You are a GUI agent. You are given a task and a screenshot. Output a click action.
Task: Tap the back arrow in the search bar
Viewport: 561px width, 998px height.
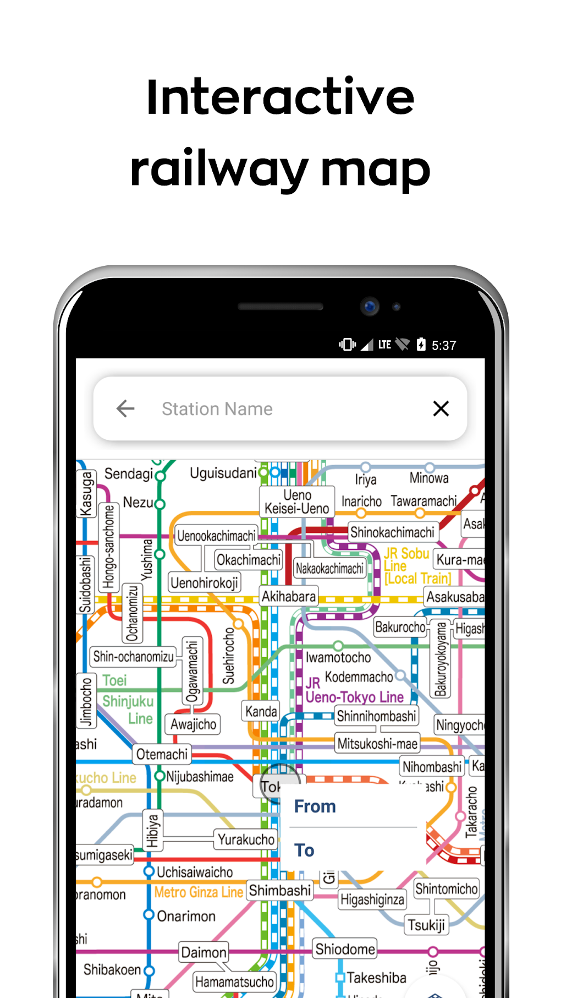click(x=125, y=408)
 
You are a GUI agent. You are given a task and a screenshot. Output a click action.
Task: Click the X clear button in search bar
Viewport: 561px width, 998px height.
click(x=441, y=408)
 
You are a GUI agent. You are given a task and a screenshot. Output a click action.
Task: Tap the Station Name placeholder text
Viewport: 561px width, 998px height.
click(x=217, y=409)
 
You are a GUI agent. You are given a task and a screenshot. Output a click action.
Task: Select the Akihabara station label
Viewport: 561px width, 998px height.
click(x=289, y=597)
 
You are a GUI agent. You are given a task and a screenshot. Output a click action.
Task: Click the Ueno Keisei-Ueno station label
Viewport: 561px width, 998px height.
click(x=297, y=502)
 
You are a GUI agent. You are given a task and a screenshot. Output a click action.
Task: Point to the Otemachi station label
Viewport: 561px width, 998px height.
click(x=162, y=754)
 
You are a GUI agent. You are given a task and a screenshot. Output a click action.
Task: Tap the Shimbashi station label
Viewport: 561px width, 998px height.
click(x=280, y=890)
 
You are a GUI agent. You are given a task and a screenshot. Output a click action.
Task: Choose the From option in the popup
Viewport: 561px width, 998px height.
click(x=315, y=806)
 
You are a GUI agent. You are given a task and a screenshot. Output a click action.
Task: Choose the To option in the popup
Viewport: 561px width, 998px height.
click(x=304, y=850)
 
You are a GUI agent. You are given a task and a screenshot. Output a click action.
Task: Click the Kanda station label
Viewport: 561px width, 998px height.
click(x=261, y=711)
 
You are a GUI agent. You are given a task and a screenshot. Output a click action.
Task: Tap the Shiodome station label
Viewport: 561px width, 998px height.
click(x=345, y=949)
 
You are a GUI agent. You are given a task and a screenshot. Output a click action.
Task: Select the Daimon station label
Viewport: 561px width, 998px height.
click(x=204, y=952)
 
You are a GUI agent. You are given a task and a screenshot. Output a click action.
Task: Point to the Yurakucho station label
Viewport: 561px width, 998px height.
click(x=246, y=839)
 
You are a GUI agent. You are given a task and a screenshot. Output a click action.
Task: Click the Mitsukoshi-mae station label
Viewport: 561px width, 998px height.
click(x=377, y=744)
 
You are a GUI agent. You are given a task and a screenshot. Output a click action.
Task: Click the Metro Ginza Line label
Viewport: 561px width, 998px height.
click(x=199, y=892)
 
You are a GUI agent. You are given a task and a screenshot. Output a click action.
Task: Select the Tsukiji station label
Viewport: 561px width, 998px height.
click(x=426, y=925)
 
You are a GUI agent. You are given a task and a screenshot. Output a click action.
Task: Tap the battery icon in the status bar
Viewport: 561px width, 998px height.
click(x=421, y=345)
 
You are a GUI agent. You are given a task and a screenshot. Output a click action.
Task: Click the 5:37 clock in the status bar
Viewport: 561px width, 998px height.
click(x=444, y=345)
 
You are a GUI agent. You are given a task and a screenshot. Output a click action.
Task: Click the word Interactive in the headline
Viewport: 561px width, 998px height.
click(x=280, y=97)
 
